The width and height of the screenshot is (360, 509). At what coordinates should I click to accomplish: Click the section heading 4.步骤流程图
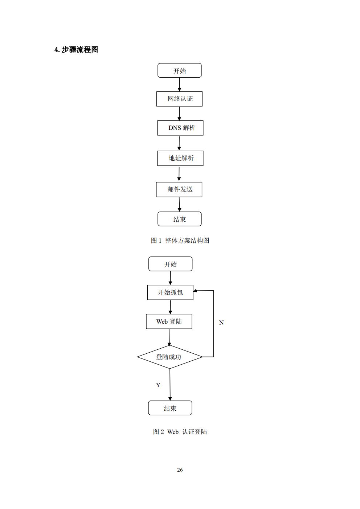click(x=76, y=50)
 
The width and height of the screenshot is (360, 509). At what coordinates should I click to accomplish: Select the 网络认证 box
click(x=179, y=99)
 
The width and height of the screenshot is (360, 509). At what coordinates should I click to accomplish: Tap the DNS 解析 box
click(x=180, y=128)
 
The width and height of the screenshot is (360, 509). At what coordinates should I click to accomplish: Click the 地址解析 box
click(x=180, y=158)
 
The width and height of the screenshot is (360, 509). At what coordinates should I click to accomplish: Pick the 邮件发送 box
click(x=179, y=189)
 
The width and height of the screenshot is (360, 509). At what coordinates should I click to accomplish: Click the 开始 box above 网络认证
click(x=179, y=70)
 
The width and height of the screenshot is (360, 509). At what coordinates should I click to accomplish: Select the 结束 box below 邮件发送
click(x=179, y=219)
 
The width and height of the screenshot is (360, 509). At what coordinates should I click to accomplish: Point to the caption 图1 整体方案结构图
click(x=180, y=241)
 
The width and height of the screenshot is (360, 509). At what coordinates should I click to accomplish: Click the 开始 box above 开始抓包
click(x=170, y=264)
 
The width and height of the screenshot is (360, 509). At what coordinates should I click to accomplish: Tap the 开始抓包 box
click(x=170, y=292)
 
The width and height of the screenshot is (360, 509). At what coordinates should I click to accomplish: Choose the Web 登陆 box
click(x=169, y=321)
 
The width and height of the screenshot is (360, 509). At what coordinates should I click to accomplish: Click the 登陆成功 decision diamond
click(x=169, y=357)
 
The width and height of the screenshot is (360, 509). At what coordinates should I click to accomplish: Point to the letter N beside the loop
click(x=221, y=323)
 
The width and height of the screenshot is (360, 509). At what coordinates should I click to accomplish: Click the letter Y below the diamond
click(x=158, y=385)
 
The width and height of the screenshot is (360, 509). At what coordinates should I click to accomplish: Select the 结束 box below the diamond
click(x=170, y=408)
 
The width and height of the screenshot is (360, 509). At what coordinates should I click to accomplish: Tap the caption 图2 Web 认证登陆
click(x=180, y=432)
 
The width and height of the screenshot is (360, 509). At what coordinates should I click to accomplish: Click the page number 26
click(x=180, y=470)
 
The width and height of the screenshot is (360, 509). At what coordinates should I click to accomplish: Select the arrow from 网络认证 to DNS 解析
click(x=179, y=114)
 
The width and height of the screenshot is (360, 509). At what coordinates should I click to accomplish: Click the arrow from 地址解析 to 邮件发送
click(x=179, y=174)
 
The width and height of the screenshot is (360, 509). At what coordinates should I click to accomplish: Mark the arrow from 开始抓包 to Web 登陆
click(x=170, y=307)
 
